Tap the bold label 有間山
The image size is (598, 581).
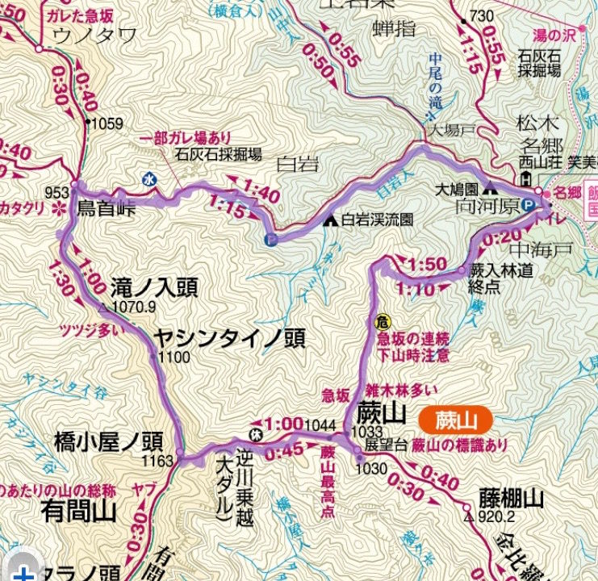point(77,510)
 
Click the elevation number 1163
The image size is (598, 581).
point(157,462)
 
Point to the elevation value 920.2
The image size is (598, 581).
point(490,517)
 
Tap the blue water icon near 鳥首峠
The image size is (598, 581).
point(148,181)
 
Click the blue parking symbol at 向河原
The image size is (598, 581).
point(526,203)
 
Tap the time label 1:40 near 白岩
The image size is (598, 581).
point(260,192)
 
